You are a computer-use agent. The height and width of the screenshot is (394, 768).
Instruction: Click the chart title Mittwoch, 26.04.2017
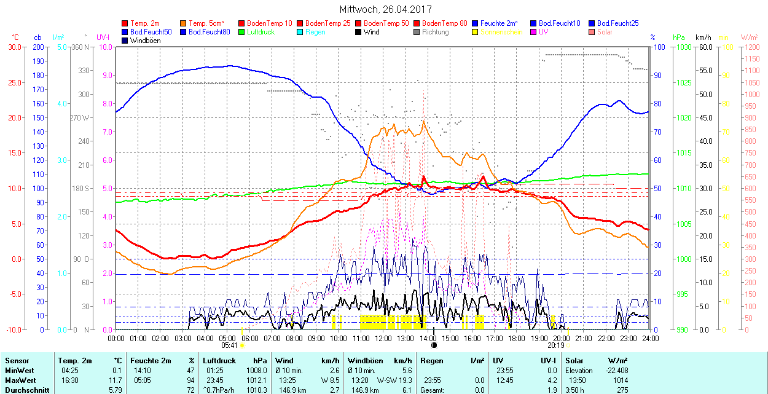click(x=385, y=10)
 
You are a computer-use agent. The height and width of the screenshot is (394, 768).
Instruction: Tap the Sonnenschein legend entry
click(x=501, y=32)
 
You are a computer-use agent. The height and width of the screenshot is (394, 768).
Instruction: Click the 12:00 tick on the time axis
click(x=383, y=338)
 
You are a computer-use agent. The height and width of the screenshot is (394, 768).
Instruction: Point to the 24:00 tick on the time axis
click(x=649, y=338)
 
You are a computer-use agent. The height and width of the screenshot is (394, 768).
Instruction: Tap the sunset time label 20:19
click(x=557, y=345)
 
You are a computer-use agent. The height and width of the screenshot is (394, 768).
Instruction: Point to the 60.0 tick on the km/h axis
click(x=704, y=47)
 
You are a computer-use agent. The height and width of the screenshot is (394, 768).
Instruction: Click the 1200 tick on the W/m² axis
click(x=751, y=47)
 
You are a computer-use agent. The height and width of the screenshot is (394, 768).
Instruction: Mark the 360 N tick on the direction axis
click(x=81, y=47)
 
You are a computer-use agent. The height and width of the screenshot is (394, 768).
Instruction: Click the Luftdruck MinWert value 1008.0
click(x=257, y=371)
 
